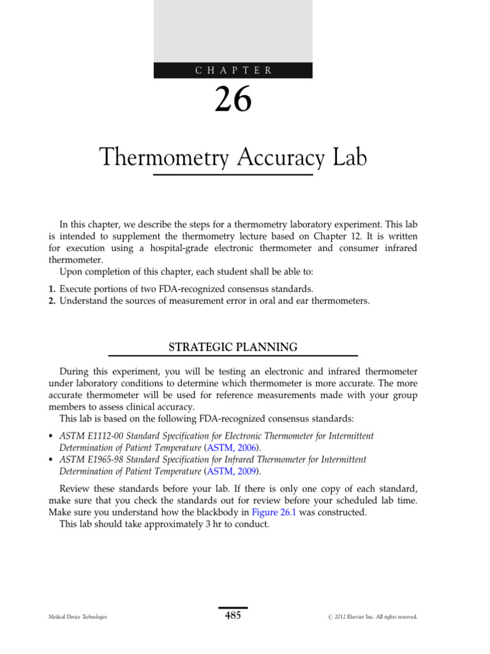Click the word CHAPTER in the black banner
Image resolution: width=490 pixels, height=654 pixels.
[x=234, y=71]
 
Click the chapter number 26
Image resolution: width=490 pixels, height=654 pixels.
[x=234, y=100]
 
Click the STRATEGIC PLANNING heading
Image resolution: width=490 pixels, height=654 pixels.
[x=233, y=347]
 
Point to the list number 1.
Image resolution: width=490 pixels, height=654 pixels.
[x=53, y=289]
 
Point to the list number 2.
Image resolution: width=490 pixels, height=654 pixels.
[x=53, y=301]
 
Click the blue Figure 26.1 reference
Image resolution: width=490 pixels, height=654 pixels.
[x=272, y=512]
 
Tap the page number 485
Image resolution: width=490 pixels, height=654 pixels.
[x=233, y=616]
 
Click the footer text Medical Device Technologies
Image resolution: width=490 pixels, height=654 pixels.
[x=78, y=617]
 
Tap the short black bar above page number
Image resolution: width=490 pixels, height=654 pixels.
[x=233, y=608]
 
